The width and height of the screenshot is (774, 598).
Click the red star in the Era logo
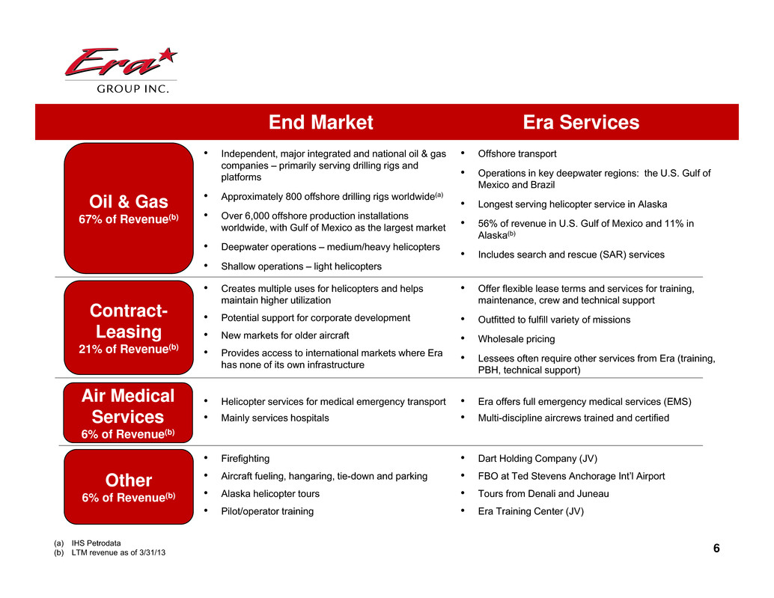pos(168,55)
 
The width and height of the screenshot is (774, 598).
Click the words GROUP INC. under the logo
pos(132,89)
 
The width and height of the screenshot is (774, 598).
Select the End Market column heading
pos(321,122)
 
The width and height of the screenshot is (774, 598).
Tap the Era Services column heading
pos(581,122)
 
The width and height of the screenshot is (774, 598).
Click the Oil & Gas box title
pos(128,201)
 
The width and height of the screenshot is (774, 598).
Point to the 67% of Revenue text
pos(128,219)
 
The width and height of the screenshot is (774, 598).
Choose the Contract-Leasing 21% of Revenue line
pos(128,349)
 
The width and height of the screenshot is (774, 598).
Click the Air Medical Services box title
pos(128,406)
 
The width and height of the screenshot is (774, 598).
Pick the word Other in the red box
pos(128,480)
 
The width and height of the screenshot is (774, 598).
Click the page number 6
pos(716,548)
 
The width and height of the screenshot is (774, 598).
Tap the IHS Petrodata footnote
pos(97,543)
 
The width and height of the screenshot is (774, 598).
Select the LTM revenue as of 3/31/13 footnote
pos(118,552)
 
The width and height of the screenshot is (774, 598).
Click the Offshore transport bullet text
pos(516,154)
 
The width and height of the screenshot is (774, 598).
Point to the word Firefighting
pos(246,458)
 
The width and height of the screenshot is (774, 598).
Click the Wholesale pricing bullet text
pos(516,339)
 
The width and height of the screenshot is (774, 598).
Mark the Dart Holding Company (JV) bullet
pos(537,458)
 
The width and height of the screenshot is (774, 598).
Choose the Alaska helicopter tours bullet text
pos(270,493)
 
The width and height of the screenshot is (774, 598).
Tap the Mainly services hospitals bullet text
pos(275,418)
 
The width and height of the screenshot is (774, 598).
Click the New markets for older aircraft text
pos(284,335)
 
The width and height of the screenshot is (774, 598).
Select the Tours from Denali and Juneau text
pos(543,493)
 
